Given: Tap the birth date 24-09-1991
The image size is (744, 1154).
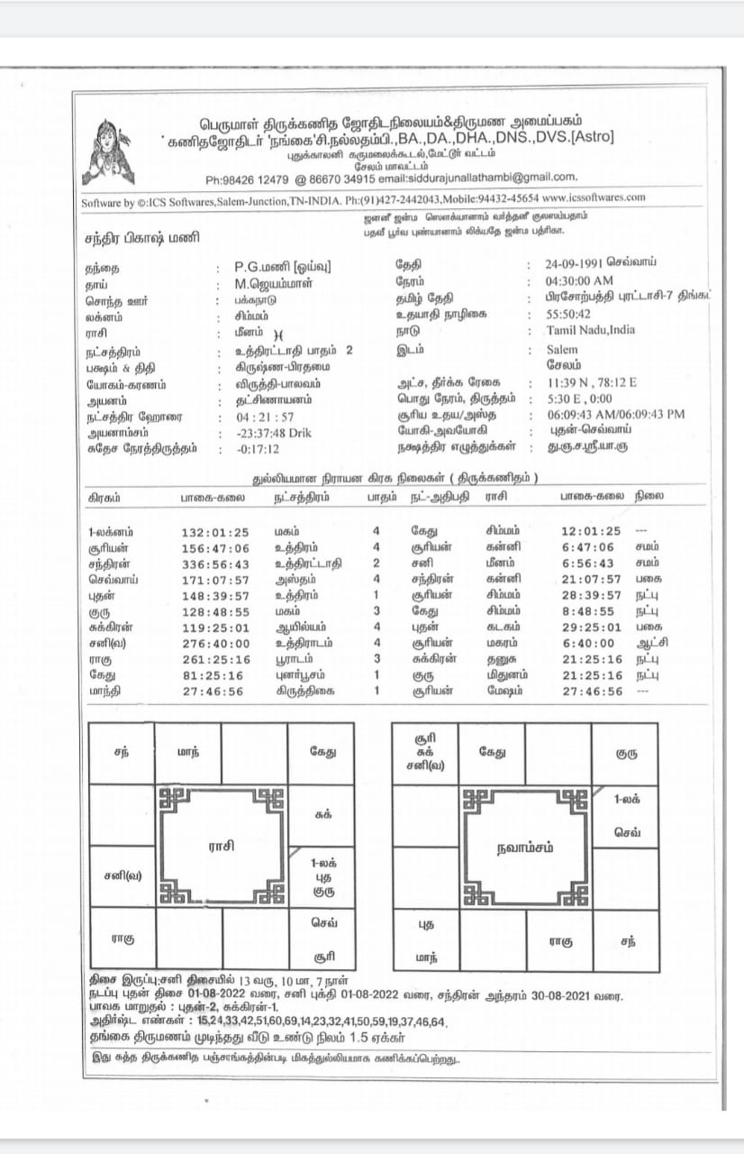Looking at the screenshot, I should tap(579, 263).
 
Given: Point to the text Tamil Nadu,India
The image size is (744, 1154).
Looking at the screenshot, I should tap(590, 330).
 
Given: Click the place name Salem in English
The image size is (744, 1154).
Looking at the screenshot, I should tap(563, 348).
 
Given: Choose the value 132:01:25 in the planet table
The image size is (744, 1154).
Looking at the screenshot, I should tap(215, 532).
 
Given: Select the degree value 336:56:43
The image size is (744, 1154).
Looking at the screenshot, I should tap(215, 563).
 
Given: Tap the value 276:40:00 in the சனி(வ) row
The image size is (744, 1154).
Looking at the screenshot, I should tap(215, 643).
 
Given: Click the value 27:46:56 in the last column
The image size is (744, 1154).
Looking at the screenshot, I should tap(591, 691).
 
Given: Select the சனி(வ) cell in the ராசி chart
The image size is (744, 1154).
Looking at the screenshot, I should tap(122, 875).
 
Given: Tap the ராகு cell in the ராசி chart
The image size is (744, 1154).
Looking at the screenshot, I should tap(122, 939).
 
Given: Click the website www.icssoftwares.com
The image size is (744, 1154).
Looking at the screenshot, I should tap(594, 197).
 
